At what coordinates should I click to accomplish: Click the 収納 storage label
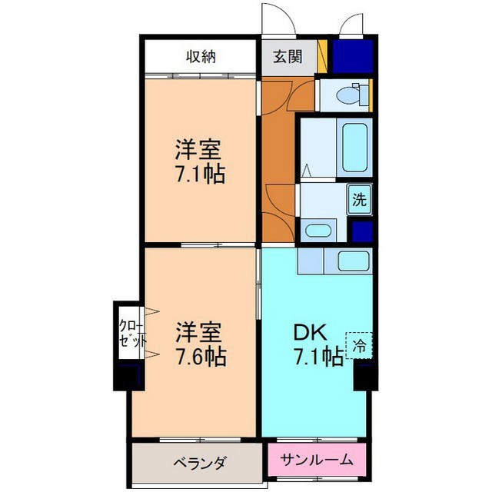(x=201, y=57)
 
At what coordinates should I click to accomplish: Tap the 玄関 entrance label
(x=288, y=57)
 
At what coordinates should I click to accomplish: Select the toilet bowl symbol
(x=347, y=94)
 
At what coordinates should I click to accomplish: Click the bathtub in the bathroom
(x=354, y=148)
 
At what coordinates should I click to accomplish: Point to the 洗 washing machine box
(x=359, y=200)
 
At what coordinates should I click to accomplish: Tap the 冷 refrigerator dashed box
(x=359, y=345)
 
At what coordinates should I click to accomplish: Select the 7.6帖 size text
(x=200, y=357)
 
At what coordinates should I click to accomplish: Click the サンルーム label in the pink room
(x=317, y=460)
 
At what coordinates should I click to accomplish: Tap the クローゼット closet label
(x=132, y=333)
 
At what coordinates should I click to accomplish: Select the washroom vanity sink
(x=318, y=231)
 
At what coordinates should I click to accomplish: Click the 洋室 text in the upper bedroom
(x=198, y=150)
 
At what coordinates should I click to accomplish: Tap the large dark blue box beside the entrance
(x=353, y=56)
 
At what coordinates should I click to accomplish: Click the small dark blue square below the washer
(x=362, y=232)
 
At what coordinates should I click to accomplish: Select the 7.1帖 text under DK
(x=318, y=357)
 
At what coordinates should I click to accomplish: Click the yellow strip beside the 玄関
(x=322, y=56)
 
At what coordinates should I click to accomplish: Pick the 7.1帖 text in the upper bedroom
(x=200, y=175)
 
